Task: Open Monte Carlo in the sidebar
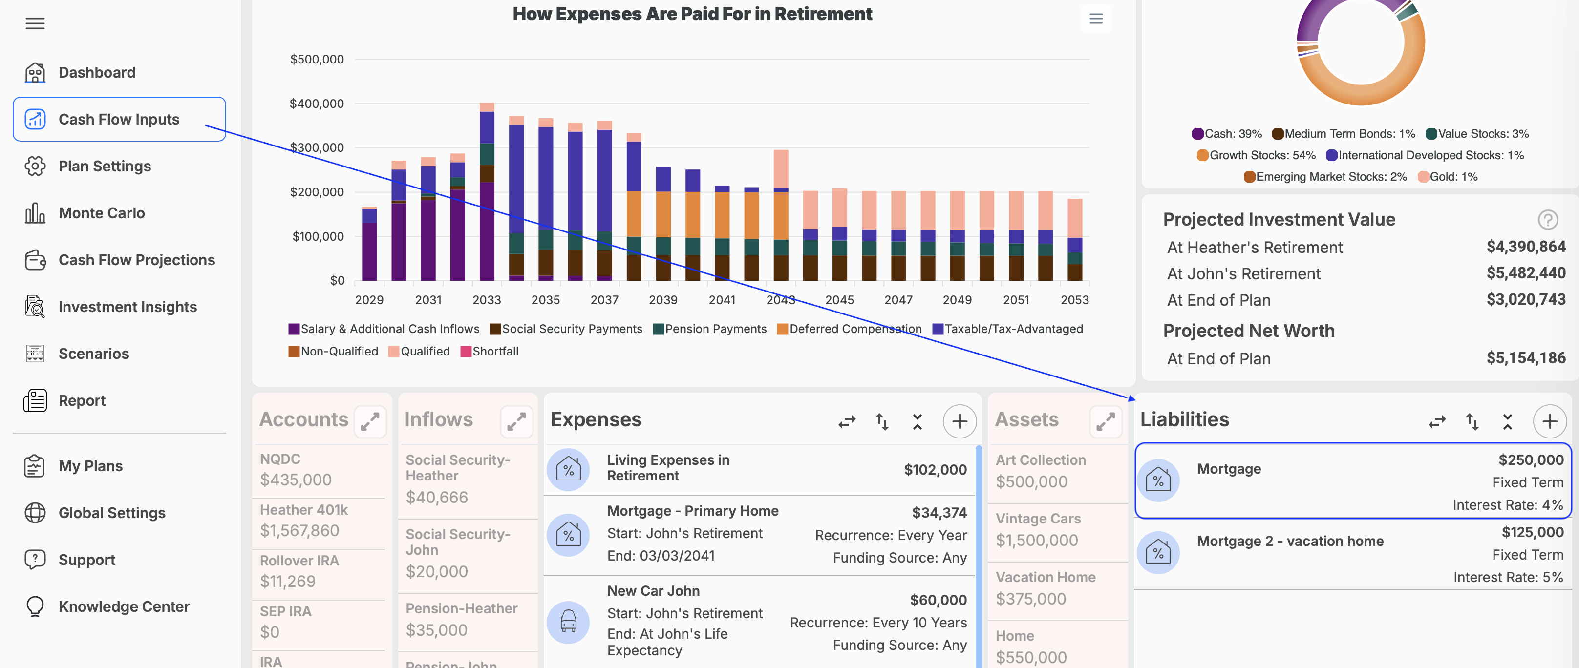pyautogui.click(x=101, y=213)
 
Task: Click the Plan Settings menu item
pyautogui.click(x=104, y=166)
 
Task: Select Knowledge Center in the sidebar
pyautogui.click(x=124, y=606)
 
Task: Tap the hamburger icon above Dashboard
pyautogui.click(x=35, y=23)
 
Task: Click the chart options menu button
pyautogui.click(x=1096, y=19)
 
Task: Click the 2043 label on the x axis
pyautogui.click(x=780, y=300)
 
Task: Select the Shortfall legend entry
pyautogui.click(x=489, y=351)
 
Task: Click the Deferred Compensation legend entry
pyautogui.click(x=849, y=329)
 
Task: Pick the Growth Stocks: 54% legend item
pyautogui.click(x=1256, y=155)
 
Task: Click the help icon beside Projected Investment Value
pyautogui.click(x=1548, y=219)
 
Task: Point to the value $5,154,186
pyautogui.click(x=1526, y=358)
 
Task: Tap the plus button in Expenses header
pyautogui.click(x=960, y=421)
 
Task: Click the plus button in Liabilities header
pyautogui.click(x=1550, y=421)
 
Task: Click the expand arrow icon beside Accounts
pyautogui.click(x=370, y=421)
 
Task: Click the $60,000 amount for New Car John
pyautogui.click(x=938, y=600)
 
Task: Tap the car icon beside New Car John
pyautogui.click(x=568, y=622)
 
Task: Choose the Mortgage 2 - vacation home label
pyautogui.click(x=1290, y=541)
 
